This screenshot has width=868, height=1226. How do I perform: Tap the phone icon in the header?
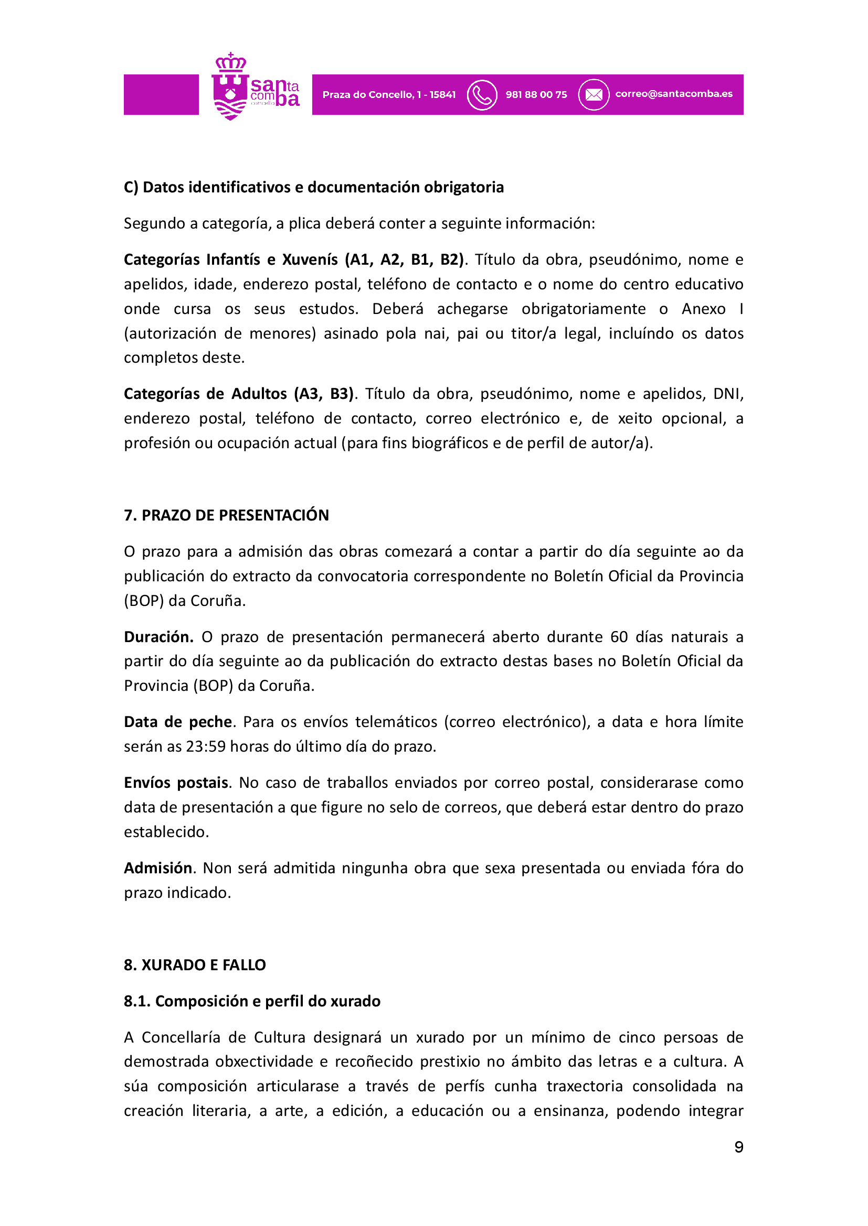tap(482, 95)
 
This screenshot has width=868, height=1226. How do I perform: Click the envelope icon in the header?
tap(594, 95)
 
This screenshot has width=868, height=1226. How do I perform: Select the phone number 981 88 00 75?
tap(536, 95)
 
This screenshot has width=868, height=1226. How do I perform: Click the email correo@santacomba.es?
tap(673, 94)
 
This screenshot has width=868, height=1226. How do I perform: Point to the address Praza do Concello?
tap(388, 95)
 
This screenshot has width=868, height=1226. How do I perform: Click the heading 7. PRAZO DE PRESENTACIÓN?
tap(226, 515)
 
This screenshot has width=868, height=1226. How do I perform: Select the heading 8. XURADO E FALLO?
tap(195, 965)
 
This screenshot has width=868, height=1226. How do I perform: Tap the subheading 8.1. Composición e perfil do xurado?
tap(252, 1001)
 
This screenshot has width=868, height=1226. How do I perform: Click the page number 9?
tap(739, 1147)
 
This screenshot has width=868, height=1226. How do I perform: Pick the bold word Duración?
tap(158, 637)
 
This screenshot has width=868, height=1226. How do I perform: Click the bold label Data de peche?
tap(178, 722)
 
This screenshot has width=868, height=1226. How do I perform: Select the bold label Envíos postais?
tap(176, 783)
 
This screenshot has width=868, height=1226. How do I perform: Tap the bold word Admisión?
tap(157, 868)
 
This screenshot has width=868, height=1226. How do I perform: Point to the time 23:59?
tap(206, 746)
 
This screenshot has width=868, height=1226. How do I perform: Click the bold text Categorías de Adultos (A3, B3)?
tap(238, 394)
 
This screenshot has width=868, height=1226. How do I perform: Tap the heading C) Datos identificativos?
tap(313, 188)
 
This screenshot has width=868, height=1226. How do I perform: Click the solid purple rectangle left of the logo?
tap(161, 94)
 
